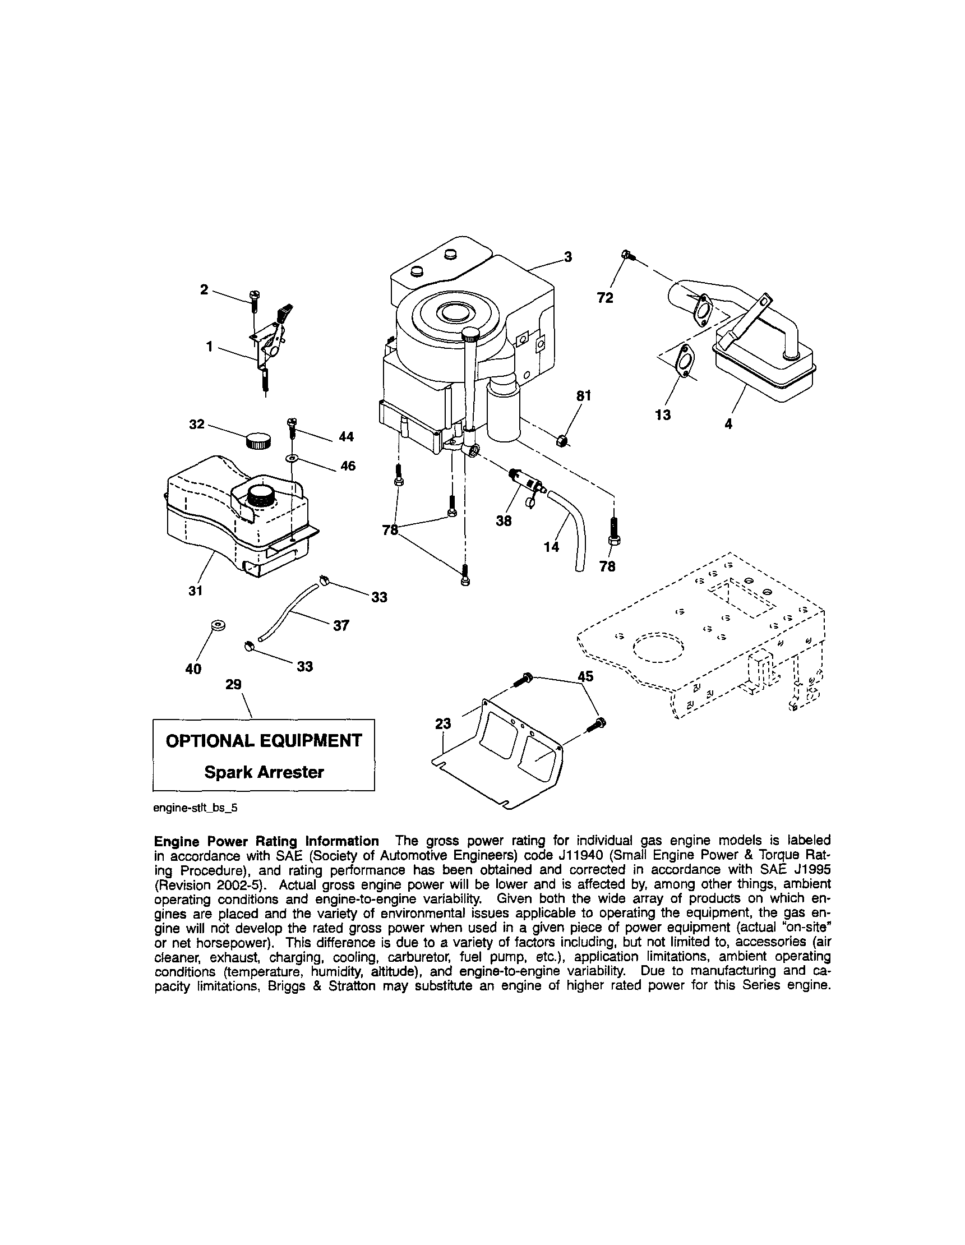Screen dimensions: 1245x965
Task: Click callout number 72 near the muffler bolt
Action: pyautogui.click(x=605, y=298)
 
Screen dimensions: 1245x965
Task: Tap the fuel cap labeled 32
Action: pyautogui.click(x=258, y=441)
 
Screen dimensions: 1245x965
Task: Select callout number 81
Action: pyautogui.click(x=584, y=395)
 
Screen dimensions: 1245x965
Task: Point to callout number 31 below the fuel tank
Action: pyautogui.click(x=196, y=591)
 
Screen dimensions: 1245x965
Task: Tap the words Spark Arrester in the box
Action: pyautogui.click(x=264, y=772)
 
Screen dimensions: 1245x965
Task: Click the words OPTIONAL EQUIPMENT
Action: pyautogui.click(x=264, y=740)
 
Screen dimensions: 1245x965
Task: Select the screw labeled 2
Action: pyautogui.click(x=253, y=299)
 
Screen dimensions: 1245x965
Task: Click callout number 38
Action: pyautogui.click(x=504, y=520)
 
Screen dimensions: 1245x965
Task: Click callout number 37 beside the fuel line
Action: pyautogui.click(x=341, y=625)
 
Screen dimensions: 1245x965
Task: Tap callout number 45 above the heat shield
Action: pyautogui.click(x=585, y=676)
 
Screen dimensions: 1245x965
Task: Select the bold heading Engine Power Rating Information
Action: pyautogui.click(x=266, y=841)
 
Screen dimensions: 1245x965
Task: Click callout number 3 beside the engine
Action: pyautogui.click(x=567, y=257)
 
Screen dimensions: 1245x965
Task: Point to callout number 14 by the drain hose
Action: pyautogui.click(x=551, y=547)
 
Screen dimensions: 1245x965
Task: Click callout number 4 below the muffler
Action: pyautogui.click(x=728, y=423)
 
